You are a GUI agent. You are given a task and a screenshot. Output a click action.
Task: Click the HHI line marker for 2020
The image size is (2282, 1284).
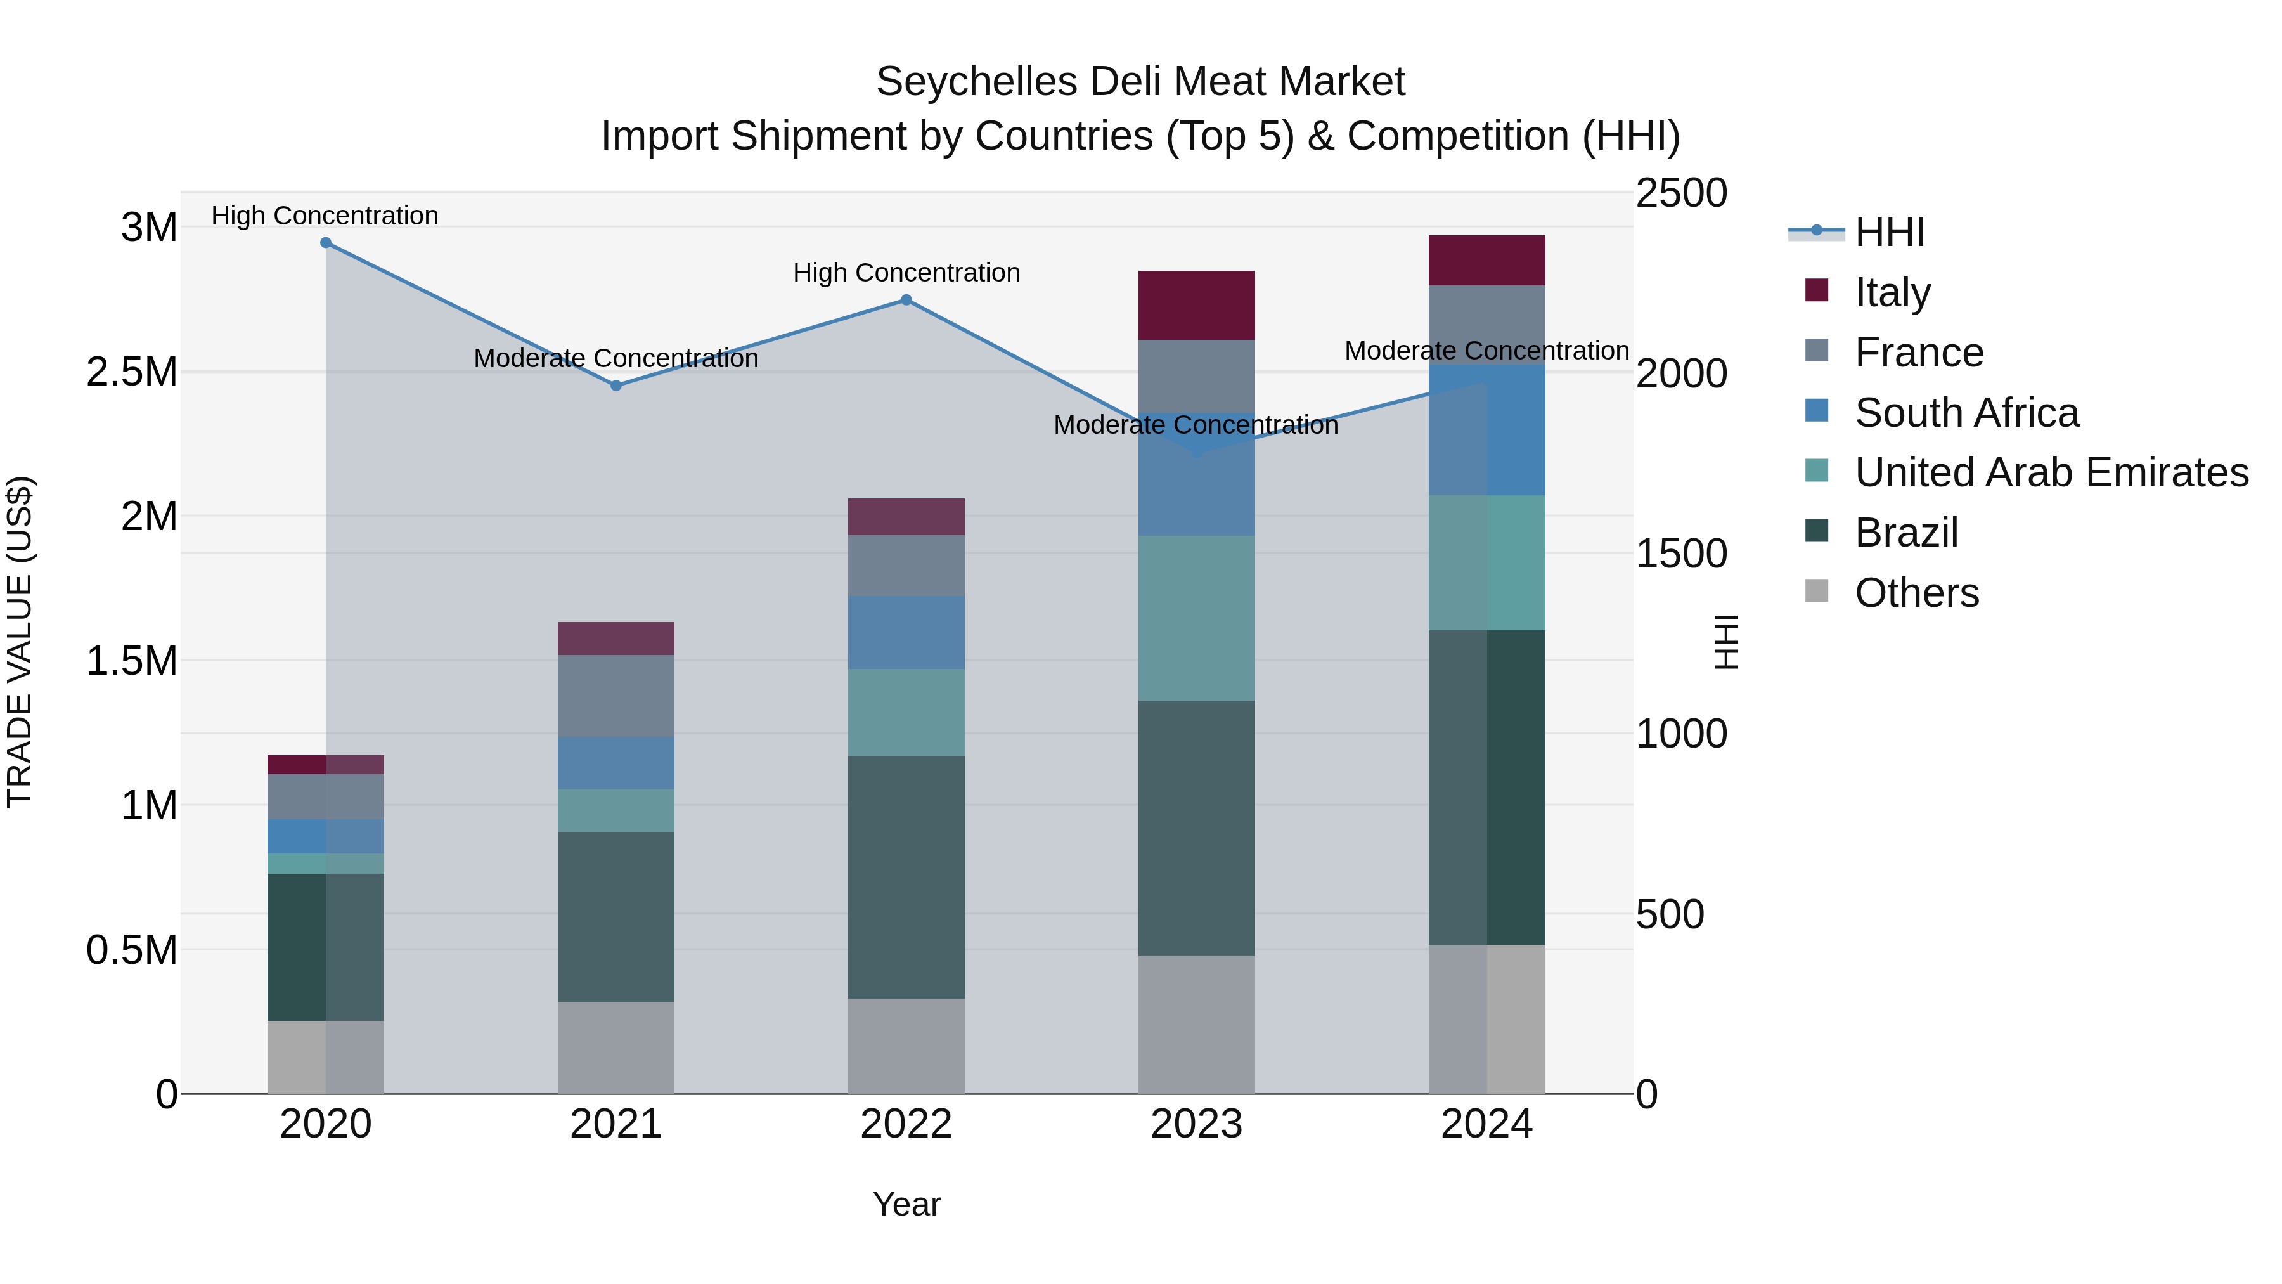point(326,243)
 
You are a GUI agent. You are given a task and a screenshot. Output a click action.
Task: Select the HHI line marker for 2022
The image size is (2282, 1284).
point(906,301)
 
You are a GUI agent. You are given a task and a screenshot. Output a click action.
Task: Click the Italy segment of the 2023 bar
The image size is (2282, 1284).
point(1196,306)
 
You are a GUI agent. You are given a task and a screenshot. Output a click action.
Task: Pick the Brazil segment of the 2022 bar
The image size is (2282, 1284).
point(906,878)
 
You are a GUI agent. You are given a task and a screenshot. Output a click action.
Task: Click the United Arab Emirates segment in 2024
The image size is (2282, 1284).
point(1486,562)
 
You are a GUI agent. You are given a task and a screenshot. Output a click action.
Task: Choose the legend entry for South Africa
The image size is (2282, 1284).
point(1966,413)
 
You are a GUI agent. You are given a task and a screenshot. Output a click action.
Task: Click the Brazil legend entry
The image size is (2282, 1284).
point(1905,533)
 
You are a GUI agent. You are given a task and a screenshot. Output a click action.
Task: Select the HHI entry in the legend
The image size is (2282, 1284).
point(1889,232)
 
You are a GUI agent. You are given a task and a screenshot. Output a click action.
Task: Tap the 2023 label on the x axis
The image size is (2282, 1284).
point(1196,1124)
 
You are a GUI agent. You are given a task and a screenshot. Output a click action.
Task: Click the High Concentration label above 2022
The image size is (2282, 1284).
point(906,273)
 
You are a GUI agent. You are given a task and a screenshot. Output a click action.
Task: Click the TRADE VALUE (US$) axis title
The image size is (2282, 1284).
point(20,642)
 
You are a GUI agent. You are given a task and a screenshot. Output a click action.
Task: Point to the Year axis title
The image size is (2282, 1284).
point(906,1204)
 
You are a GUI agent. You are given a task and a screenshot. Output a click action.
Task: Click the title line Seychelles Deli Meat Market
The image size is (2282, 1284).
point(1140,82)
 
